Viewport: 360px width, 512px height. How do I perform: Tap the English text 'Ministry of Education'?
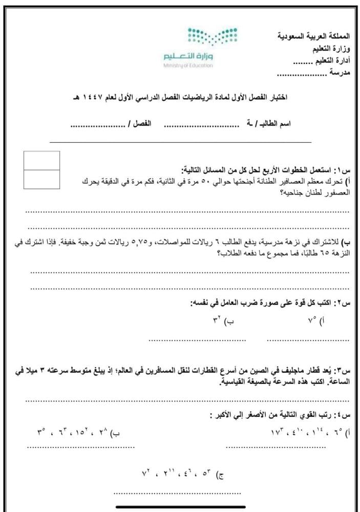click(x=188, y=66)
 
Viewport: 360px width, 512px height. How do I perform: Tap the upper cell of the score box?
click(x=41, y=160)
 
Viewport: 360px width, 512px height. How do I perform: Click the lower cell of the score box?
click(x=41, y=180)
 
